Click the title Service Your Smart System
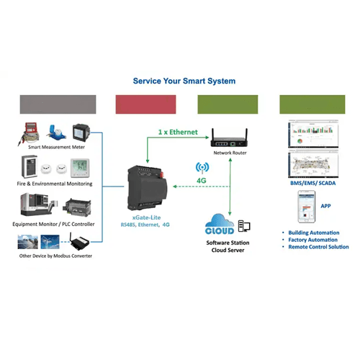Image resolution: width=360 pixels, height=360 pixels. (x=184, y=81)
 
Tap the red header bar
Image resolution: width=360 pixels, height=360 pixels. (x=146, y=104)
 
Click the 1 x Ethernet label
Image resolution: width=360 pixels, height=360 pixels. (x=176, y=132)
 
